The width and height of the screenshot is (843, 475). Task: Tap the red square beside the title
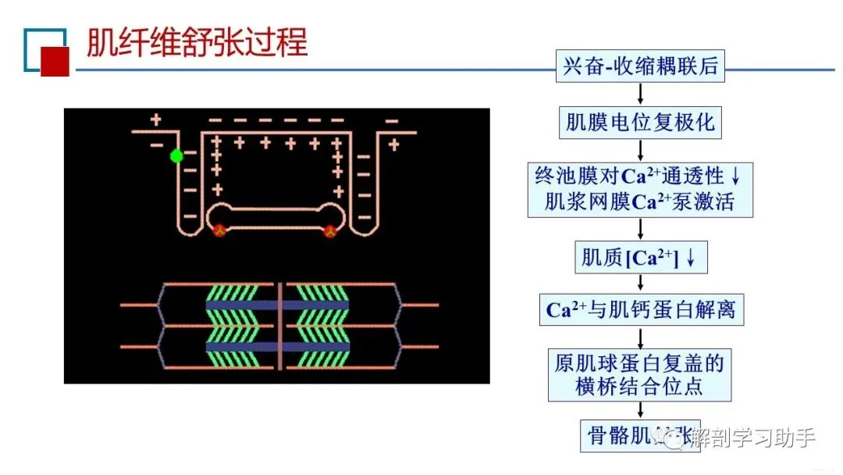(x=55, y=61)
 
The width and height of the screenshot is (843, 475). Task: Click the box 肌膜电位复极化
(x=640, y=123)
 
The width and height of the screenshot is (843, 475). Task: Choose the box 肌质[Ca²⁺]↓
(x=640, y=258)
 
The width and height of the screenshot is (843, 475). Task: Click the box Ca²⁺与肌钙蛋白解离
(x=640, y=310)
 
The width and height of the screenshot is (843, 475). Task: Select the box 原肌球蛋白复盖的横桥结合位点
(x=640, y=374)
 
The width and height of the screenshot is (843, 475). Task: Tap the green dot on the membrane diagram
(x=176, y=156)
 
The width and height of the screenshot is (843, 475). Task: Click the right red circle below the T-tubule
(x=330, y=230)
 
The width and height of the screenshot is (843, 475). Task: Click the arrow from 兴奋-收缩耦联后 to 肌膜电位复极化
(x=640, y=94)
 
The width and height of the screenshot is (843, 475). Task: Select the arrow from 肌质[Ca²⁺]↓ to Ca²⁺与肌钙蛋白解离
(x=640, y=284)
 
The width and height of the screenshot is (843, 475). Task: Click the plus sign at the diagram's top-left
(x=155, y=120)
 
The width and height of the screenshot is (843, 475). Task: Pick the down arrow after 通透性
(x=735, y=176)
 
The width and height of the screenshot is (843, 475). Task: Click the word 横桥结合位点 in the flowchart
(x=640, y=386)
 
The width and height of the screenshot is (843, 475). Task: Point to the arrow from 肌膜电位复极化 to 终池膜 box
(x=640, y=150)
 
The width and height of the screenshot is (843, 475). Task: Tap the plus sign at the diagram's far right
(x=393, y=145)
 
